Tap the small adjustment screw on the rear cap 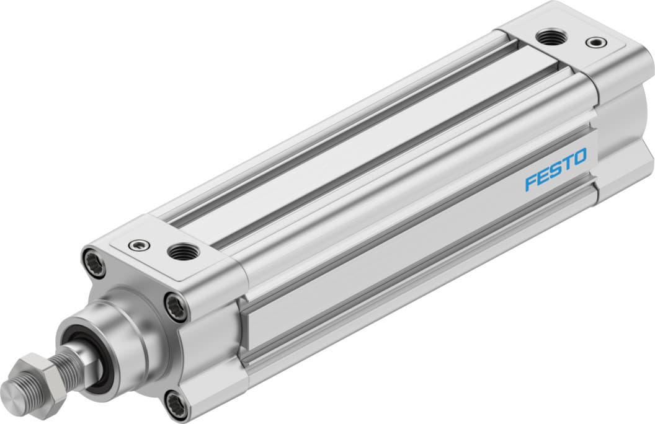(596, 43)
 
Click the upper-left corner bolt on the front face (90, 257)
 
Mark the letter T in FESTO (566, 163)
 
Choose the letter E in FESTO (543, 176)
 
